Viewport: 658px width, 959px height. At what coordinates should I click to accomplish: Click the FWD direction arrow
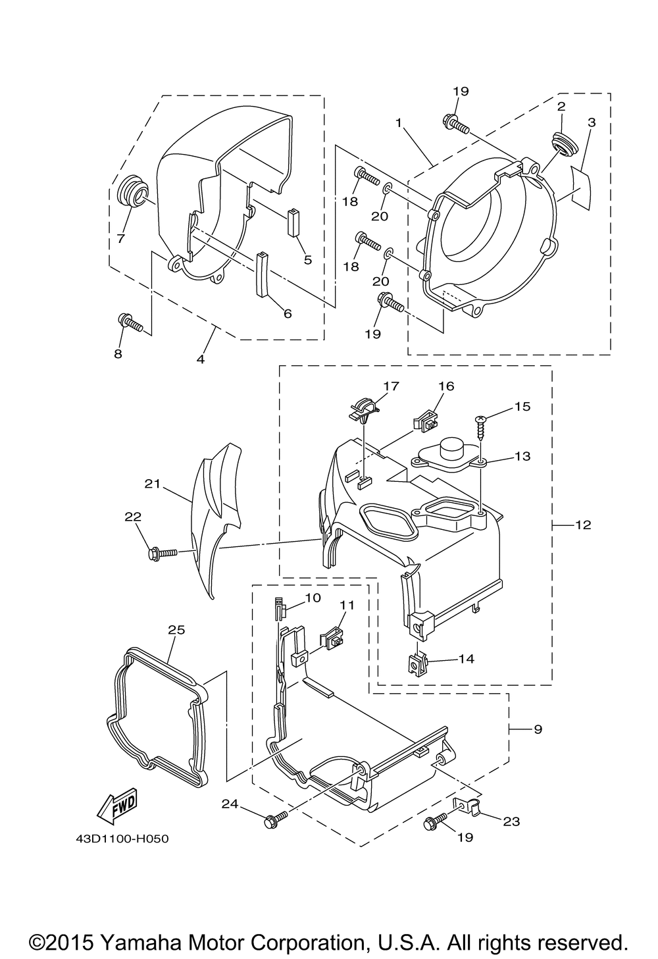coord(116,806)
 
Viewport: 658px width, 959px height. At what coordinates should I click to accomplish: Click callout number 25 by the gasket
coord(176,630)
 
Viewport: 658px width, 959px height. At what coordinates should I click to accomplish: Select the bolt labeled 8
coord(130,323)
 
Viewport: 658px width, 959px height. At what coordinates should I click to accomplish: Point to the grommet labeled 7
coord(130,194)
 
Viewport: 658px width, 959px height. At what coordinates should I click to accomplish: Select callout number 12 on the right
coord(583,525)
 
